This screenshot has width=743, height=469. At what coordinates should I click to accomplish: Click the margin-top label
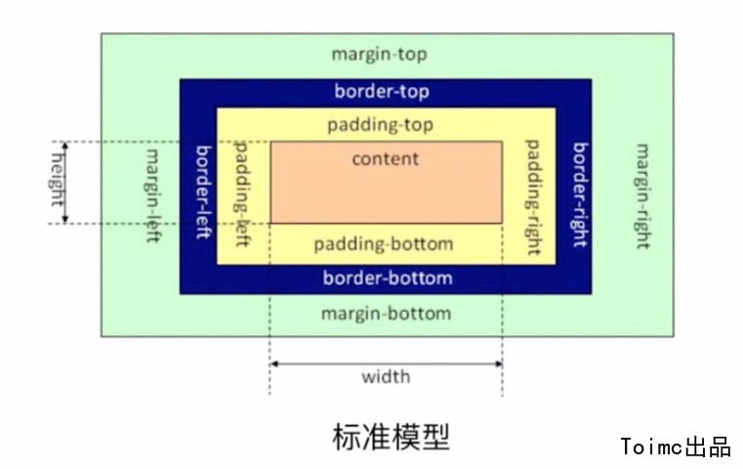(380, 54)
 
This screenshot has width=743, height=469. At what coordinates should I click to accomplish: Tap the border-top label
(382, 92)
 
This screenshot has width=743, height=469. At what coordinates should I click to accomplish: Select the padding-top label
(381, 125)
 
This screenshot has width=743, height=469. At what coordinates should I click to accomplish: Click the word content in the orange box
(386, 158)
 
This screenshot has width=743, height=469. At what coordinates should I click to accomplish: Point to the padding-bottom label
(385, 243)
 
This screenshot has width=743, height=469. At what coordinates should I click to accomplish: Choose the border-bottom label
(388, 278)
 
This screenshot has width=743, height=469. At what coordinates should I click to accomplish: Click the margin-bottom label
(387, 314)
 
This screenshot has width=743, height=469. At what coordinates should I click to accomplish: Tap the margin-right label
(641, 196)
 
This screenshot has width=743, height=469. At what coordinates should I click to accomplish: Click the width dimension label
(386, 377)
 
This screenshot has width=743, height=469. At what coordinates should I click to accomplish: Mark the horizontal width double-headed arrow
(386, 363)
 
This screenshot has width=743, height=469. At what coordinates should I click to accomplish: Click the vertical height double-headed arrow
(65, 183)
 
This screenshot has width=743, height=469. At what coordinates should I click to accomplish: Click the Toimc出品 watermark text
(676, 448)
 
